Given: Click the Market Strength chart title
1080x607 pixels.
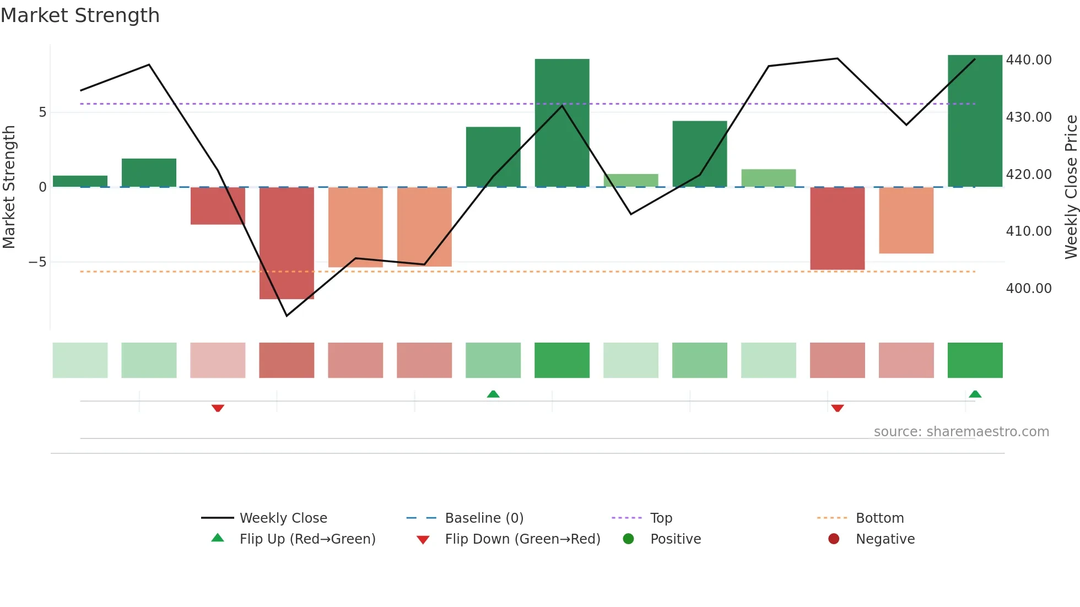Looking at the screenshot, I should click(x=80, y=15).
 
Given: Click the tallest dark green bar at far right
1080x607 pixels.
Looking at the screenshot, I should click(x=975, y=121).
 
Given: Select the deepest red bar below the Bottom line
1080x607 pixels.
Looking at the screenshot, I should click(x=287, y=243).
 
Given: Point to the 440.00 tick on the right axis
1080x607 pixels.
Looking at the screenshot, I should click(x=1028, y=59).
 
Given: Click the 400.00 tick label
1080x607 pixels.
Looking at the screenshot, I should click(x=1028, y=288).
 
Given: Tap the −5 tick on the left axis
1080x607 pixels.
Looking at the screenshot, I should click(x=37, y=262).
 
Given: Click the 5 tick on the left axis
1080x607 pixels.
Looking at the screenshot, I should click(x=42, y=112).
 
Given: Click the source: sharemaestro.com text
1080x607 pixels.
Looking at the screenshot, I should click(x=961, y=432).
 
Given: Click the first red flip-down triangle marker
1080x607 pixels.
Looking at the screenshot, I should click(x=218, y=408).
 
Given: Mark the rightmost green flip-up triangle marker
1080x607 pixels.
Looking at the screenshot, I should click(x=975, y=394).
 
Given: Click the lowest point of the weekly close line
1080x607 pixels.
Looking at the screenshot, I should click(x=287, y=316).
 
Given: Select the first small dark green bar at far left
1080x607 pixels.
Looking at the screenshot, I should click(x=80, y=181).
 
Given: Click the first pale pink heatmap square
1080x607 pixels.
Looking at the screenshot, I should click(x=218, y=360).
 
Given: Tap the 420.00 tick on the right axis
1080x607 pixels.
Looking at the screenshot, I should click(x=1028, y=174).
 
